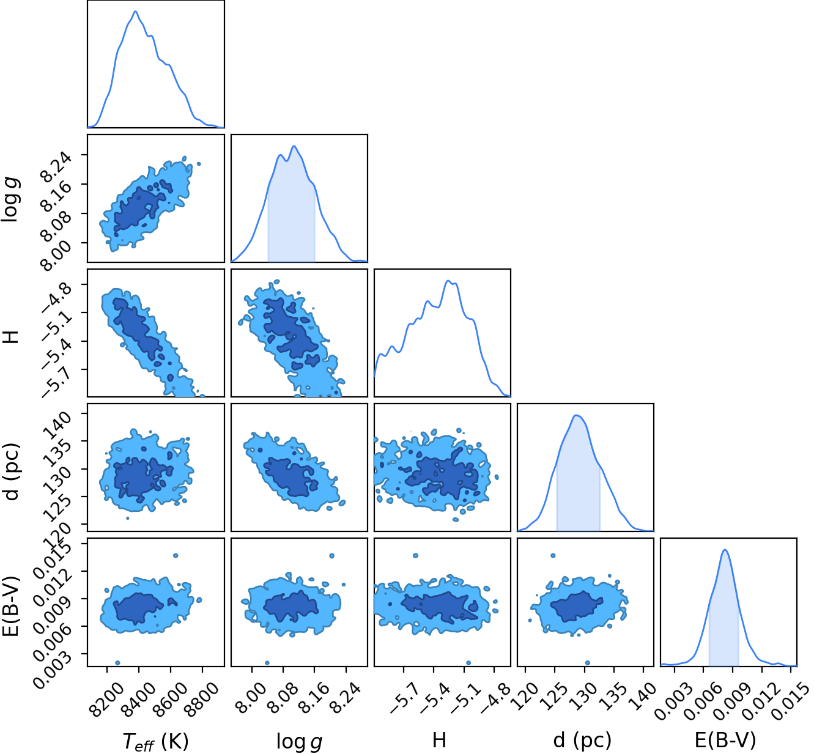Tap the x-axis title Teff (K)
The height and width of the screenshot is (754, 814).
coord(155,741)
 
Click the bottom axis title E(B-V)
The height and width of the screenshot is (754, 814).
coord(725,741)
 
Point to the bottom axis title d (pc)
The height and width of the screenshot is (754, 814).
coord(582,741)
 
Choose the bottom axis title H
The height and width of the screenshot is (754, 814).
coord(439,741)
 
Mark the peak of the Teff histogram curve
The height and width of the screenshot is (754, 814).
coord(135,11)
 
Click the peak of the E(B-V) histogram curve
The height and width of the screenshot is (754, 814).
coord(725,550)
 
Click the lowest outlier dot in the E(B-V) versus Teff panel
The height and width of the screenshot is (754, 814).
coord(117,663)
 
